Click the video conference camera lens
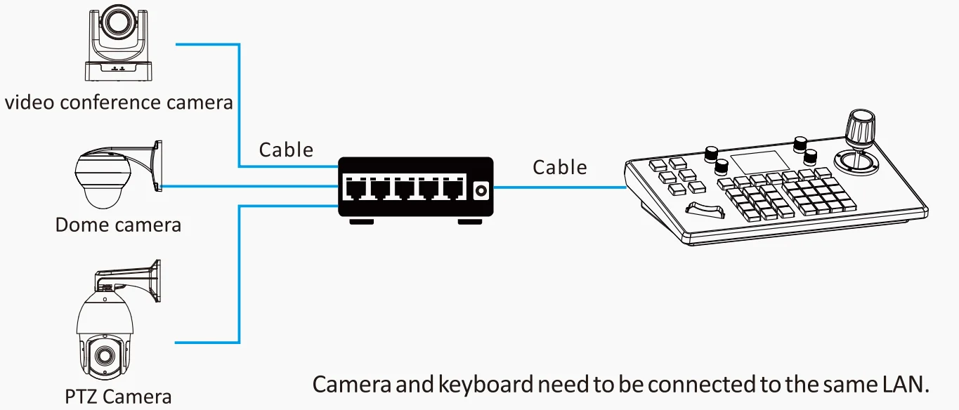click(x=117, y=20)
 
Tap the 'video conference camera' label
click(x=119, y=102)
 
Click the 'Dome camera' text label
click(x=118, y=225)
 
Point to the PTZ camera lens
click(x=103, y=355)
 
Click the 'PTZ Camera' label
click(x=118, y=397)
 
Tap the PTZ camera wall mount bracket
click(x=129, y=280)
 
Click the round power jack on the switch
click(x=481, y=190)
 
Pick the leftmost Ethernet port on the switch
click(x=355, y=189)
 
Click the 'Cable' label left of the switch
click(x=286, y=150)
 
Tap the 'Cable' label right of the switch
click(x=559, y=167)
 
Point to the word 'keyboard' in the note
click(x=485, y=384)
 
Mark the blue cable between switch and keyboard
click(x=560, y=187)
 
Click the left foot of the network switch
click(x=361, y=222)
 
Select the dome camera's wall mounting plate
click(x=158, y=166)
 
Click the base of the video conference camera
click(x=119, y=71)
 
